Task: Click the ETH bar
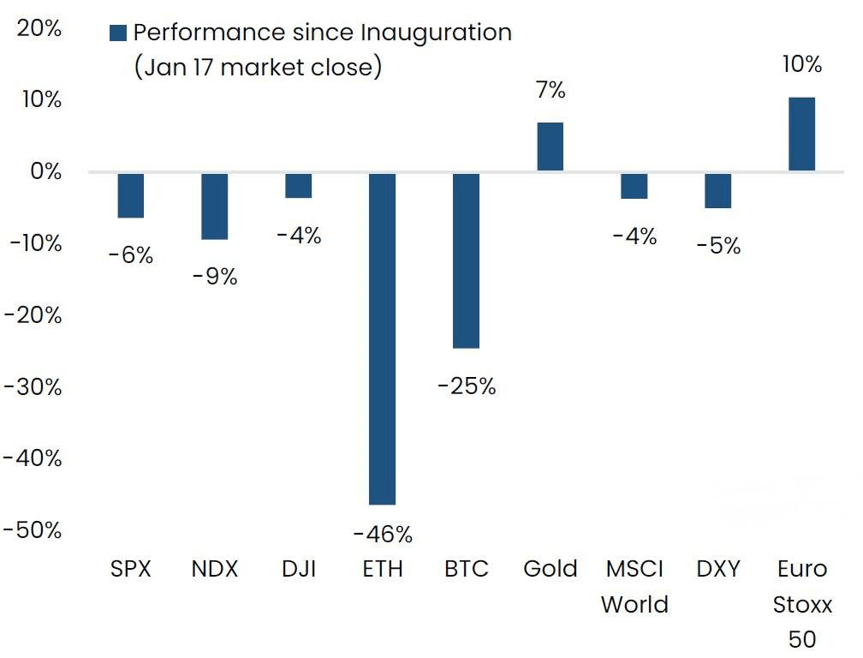pos(383,338)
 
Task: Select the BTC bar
pos(466,260)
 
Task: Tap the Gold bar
pos(550,147)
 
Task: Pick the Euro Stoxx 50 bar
pos(801,135)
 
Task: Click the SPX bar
pos(131,195)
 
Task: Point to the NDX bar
pos(215,206)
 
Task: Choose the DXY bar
pos(717,190)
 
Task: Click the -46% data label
pos(383,535)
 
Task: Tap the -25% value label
pos(467,386)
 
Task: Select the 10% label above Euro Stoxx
pos(802,64)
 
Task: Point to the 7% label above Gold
pos(551,89)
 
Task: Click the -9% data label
pos(215,277)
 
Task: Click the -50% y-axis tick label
pos(33,529)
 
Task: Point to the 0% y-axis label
pos(48,171)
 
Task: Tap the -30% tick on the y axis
pos(33,386)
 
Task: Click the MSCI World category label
pos(634,586)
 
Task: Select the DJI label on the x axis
pos(299,569)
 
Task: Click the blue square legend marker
pos(118,33)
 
